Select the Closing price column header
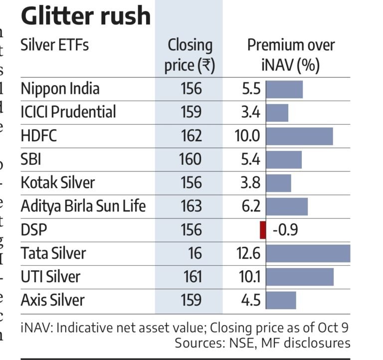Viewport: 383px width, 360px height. coord(190,55)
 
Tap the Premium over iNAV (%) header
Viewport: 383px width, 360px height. coord(291,55)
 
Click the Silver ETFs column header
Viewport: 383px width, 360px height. coord(55,45)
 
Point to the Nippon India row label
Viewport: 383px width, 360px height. coord(60,89)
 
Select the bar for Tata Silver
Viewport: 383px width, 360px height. coord(308,254)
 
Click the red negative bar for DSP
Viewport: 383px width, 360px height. coord(263,230)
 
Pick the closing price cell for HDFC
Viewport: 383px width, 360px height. coord(191,136)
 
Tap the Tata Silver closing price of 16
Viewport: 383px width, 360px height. coord(195,254)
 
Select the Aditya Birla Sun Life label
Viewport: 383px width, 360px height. coord(83,206)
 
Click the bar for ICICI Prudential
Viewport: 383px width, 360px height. coord(277,112)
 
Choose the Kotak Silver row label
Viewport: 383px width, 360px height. coord(57,183)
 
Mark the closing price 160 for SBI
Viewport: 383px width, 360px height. coord(191,159)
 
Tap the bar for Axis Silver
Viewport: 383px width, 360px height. coord(281,300)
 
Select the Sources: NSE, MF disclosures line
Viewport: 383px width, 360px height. coord(262,343)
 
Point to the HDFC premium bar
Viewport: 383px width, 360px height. coord(299,136)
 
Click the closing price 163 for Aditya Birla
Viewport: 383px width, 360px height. coord(191,206)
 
